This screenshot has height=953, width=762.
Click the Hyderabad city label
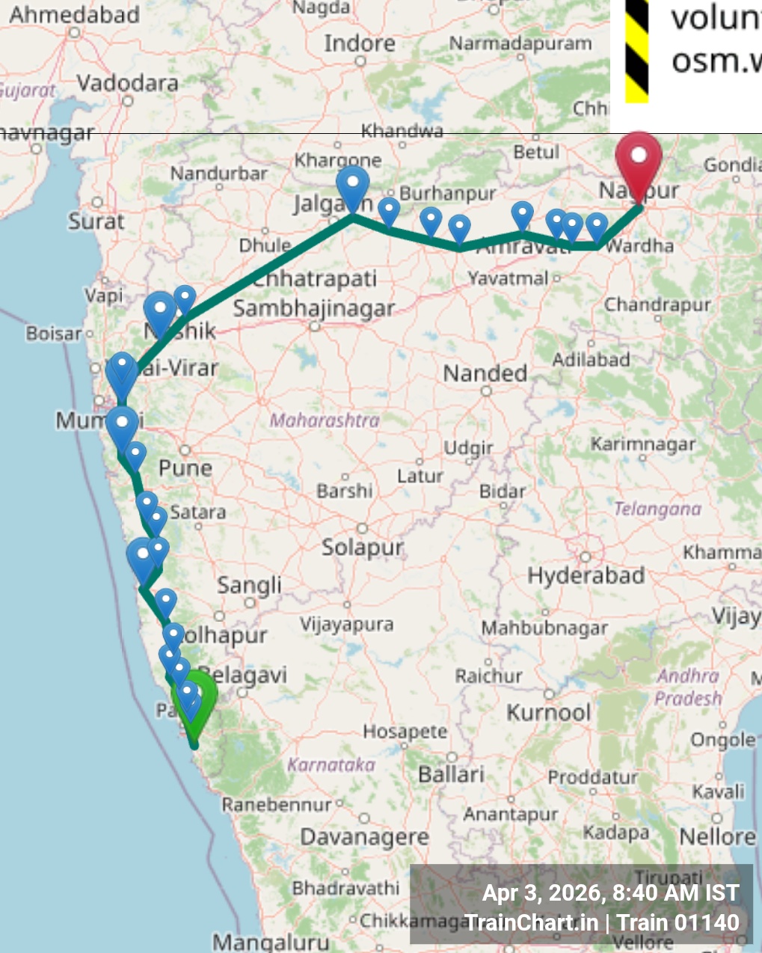[586, 576]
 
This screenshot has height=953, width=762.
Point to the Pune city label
[185, 468]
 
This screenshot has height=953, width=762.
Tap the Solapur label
[363, 548]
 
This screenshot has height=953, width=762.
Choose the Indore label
[359, 44]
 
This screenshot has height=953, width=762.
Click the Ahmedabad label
[74, 14]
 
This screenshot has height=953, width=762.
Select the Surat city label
[96, 221]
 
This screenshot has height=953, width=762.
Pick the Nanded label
[485, 373]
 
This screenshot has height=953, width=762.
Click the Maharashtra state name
[325, 420]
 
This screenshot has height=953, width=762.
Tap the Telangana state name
[657, 509]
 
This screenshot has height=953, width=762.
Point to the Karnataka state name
[331, 764]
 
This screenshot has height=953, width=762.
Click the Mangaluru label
[271, 941]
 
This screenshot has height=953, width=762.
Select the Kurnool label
[549, 712]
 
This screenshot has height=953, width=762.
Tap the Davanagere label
[364, 837]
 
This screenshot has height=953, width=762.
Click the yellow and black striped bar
[636, 51]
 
